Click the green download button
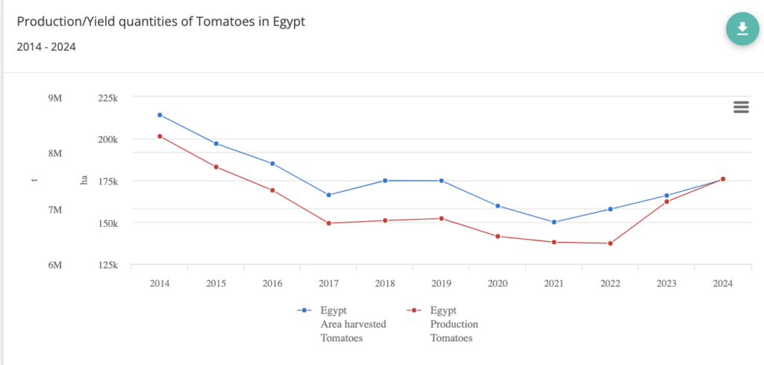click(742, 28)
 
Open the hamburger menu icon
click(741, 107)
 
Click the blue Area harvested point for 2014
click(160, 115)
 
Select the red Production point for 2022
click(610, 243)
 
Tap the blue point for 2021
click(554, 222)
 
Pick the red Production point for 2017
click(329, 223)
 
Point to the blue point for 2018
click(385, 181)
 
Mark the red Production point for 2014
click(160, 137)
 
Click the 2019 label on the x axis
click(441, 284)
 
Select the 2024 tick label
click(722, 284)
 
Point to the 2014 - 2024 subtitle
click(46, 46)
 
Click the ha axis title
click(84, 181)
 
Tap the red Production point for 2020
click(498, 237)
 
